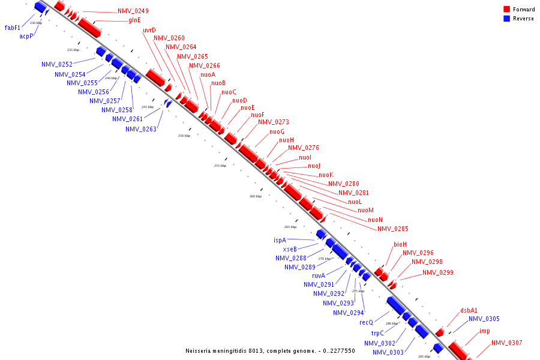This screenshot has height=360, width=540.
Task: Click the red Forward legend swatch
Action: pyautogui.click(x=507, y=10)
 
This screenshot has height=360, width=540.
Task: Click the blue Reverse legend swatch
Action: pyautogui.click(x=507, y=19)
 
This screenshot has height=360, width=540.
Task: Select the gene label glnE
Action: pyautogui.click(x=134, y=20)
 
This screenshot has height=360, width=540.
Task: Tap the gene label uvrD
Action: pyautogui.click(x=149, y=30)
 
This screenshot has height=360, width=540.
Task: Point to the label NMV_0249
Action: pyautogui.click(x=133, y=11)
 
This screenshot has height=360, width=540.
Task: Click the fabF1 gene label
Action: pyautogui.click(x=13, y=28)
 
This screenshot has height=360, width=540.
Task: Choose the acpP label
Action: pyautogui.click(x=26, y=36)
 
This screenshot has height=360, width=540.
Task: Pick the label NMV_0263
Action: pyautogui.click(x=141, y=129)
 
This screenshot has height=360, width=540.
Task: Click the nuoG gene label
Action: pyautogui.click(x=277, y=131)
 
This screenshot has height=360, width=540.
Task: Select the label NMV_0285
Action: pyautogui.click(x=393, y=229)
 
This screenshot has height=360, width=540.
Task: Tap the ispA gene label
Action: pyautogui.click(x=280, y=240)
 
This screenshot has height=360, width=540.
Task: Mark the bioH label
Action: pyautogui.click(x=400, y=244)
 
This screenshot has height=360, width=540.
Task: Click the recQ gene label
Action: pyautogui.click(x=366, y=322)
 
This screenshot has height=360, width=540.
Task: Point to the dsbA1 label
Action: pyautogui.click(x=469, y=310)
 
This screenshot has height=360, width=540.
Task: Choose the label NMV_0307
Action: pyautogui.click(x=507, y=343)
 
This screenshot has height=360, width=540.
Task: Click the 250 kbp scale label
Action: pyautogui.click(x=184, y=136)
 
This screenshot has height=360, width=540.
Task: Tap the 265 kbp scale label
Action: pyautogui.click(x=290, y=227)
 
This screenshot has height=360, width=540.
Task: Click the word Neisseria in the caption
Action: pyautogui.click(x=200, y=350)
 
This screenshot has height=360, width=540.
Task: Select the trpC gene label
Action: pyautogui.click(x=377, y=333)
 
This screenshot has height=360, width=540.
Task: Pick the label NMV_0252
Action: pyautogui.click(x=57, y=64)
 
